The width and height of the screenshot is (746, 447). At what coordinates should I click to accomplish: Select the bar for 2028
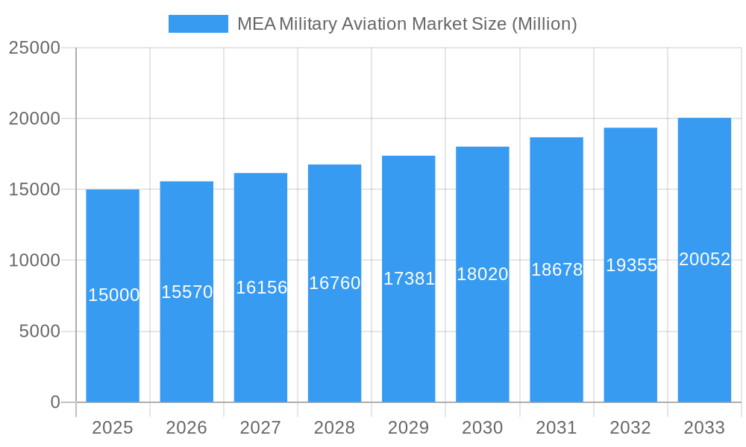pyautogui.click(x=334, y=343)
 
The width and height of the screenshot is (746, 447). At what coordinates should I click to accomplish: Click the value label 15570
pyautogui.click(x=187, y=292)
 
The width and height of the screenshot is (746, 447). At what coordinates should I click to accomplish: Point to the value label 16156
pyautogui.click(x=261, y=288)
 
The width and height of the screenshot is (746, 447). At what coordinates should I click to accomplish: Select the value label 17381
pyautogui.click(x=409, y=279)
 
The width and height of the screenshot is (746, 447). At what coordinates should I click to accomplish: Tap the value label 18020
pyautogui.click(x=483, y=274)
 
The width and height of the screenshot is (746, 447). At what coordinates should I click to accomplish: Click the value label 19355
pyautogui.click(x=631, y=265)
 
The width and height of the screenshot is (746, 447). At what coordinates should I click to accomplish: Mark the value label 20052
pyautogui.click(x=704, y=259)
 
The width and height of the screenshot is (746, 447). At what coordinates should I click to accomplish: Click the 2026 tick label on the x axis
pyautogui.click(x=186, y=428)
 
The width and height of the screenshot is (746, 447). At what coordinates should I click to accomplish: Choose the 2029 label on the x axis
pyautogui.click(x=409, y=428)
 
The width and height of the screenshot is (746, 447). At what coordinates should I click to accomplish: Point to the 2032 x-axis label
pyautogui.click(x=630, y=428)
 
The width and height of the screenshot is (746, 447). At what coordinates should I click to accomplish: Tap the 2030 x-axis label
pyautogui.click(x=483, y=428)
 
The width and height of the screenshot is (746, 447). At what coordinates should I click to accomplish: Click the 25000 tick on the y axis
pyautogui.click(x=34, y=48)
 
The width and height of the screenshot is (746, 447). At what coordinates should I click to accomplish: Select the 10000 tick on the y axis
pyautogui.click(x=34, y=261)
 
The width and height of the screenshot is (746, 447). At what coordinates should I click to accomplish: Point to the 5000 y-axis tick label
pyautogui.click(x=40, y=332)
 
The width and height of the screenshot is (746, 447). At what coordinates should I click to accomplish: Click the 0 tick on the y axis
pyautogui.click(x=55, y=402)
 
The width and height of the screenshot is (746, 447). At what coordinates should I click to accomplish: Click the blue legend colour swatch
pyautogui.click(x=198, y=24)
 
